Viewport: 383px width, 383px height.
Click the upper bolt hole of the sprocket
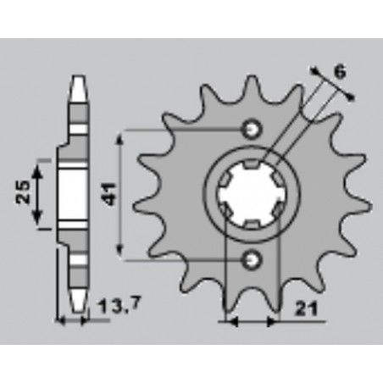point(251,130)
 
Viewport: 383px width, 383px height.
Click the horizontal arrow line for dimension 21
point(251,322)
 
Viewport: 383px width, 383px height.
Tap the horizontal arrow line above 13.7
point(73,321)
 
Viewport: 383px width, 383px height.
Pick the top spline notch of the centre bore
point(251,166)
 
